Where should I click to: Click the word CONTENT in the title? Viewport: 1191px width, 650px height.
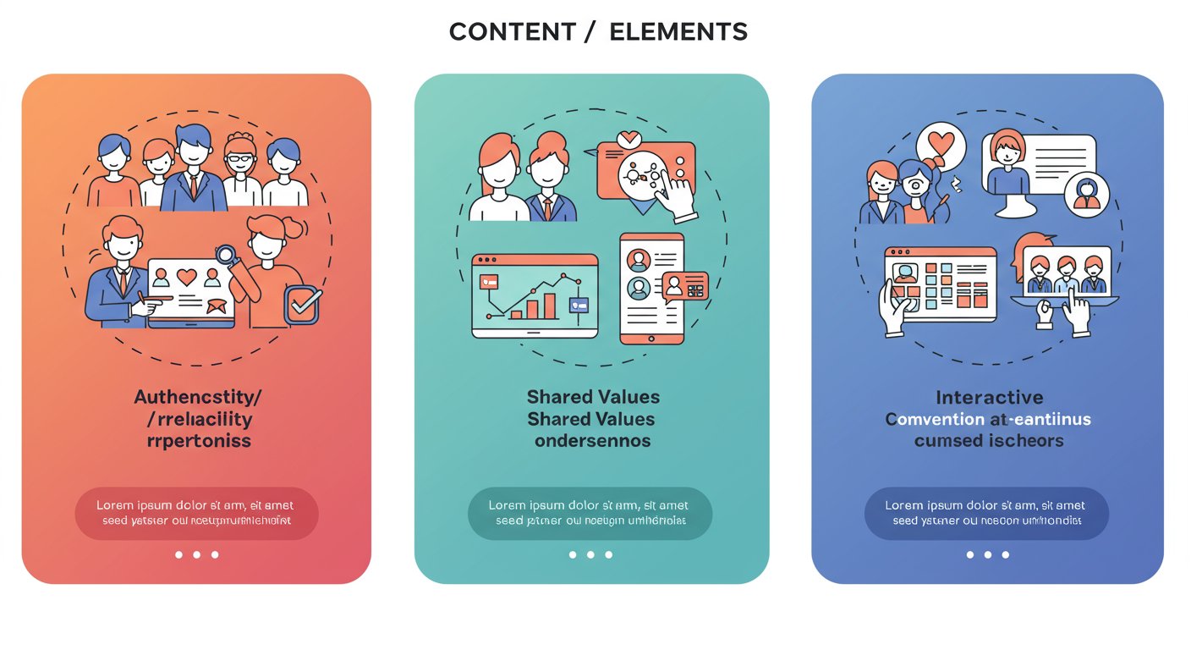(502, 32)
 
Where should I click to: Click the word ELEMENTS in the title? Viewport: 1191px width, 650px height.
(678, 32)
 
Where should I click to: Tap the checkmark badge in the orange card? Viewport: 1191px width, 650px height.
(303, 306)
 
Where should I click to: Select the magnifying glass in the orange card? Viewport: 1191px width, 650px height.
(226, 255)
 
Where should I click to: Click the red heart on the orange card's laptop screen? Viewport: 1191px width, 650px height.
(186, 276)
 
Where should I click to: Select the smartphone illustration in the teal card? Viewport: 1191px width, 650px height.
(651, 288)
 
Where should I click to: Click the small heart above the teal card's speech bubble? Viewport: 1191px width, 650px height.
(628, 138)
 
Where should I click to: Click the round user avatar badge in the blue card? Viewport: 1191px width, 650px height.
(1086, 195)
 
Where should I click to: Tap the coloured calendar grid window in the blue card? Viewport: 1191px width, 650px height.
(941, 284)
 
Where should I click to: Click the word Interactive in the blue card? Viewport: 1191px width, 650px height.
(989, 398)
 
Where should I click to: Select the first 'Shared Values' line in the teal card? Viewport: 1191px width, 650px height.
(592, 397)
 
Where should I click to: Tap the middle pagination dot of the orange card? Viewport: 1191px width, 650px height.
(196, 554)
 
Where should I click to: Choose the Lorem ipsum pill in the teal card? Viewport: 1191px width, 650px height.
(590, 513)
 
